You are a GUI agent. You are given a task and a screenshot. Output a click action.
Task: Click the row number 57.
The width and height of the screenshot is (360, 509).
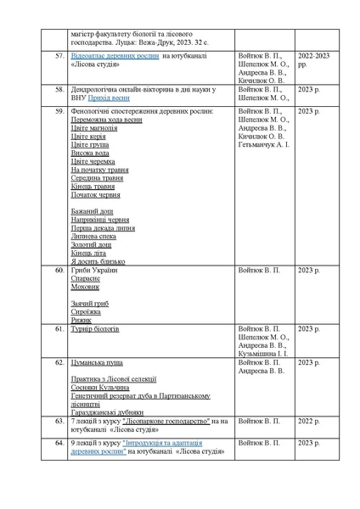[59, 55]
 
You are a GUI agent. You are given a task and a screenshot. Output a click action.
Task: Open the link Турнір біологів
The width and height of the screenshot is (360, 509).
[95, 328]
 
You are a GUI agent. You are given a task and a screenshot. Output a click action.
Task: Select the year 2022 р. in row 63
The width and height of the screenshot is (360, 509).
[309, 420]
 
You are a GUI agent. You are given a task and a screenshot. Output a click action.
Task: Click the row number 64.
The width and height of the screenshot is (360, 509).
[59, 443]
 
